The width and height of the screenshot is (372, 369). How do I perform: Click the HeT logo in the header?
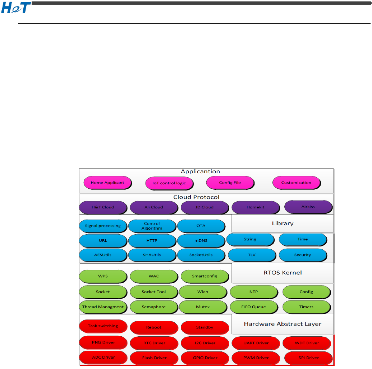click(16, 8)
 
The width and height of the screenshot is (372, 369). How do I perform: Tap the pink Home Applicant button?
click(107, 183)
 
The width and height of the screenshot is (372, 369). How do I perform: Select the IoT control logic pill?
click(169, 183)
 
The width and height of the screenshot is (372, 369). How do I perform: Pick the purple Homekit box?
click(256, 207)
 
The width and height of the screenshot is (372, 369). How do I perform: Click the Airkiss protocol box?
click(308, 207)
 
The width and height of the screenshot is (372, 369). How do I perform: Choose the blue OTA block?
click(201, 226)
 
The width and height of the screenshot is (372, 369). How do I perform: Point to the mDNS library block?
click(201, 241)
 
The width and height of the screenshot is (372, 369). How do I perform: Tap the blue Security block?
click(303, 255)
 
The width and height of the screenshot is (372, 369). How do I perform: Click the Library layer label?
click(283, 223)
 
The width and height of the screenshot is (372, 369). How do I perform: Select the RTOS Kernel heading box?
click(283, 272)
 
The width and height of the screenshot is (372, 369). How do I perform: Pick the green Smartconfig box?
click(205, 276)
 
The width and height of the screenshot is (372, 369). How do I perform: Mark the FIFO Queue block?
click(254, 307)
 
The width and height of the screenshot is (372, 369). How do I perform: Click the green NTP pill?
click(254, 292)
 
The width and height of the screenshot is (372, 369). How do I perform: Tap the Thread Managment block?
click(103, 307)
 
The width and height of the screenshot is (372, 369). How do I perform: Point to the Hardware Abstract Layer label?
click(283, 324)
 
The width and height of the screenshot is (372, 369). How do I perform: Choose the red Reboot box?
click(154, 328)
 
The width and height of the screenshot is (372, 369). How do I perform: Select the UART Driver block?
click(256, 343)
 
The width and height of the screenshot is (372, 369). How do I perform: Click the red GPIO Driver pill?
click(205, 358)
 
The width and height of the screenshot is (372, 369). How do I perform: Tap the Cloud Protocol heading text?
click(196, 197)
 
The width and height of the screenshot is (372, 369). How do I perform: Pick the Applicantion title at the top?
click(201, 172)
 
